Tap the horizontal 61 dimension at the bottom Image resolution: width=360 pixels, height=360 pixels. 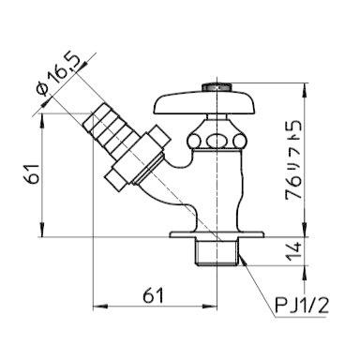[x=153, y=295]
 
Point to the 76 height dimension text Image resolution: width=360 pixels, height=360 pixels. [x=293, y=187]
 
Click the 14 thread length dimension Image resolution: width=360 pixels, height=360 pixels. [x=293, y=251]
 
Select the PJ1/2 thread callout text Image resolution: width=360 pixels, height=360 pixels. [x=302, y=306]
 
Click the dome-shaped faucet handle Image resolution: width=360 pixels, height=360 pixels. [x=204, y=101]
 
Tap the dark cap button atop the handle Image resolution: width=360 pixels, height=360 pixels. [x=217, y=86]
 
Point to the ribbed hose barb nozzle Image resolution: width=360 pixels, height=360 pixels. [x=111, y=129]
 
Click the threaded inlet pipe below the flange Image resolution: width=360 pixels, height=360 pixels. [x=217, y=252]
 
